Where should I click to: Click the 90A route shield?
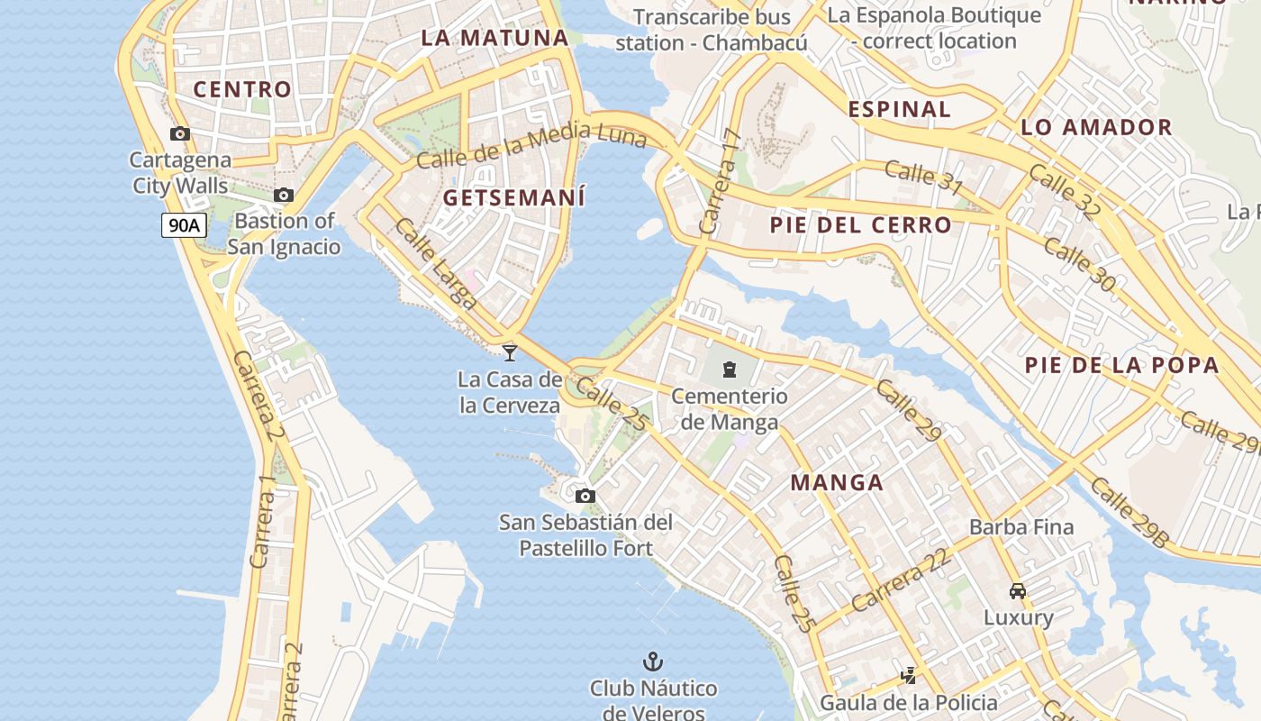pos(184,225)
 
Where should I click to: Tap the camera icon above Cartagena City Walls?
pos(180,134)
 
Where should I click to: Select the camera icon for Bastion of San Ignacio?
pos(284,195)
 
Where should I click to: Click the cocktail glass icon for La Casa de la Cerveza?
pos(510,352)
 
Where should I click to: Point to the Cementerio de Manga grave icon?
pos(730,369)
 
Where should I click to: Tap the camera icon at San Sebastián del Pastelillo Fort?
pos(585,496)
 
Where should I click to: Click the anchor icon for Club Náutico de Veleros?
pos(653,662)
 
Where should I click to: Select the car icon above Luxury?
pos(1018,591)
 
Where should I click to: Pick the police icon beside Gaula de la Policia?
pos(908,675)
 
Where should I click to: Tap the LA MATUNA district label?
pos(495,38)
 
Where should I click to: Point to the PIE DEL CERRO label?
pos(860,225)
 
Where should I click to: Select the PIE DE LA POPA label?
pos(1121,365)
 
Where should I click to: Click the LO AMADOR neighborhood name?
pos(1096,127)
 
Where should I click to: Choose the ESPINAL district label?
pos(899,109)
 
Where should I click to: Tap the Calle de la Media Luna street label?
pos(531,146)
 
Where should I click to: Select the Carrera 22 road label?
pos(901,580)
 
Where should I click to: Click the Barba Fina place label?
pos(1021,527)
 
